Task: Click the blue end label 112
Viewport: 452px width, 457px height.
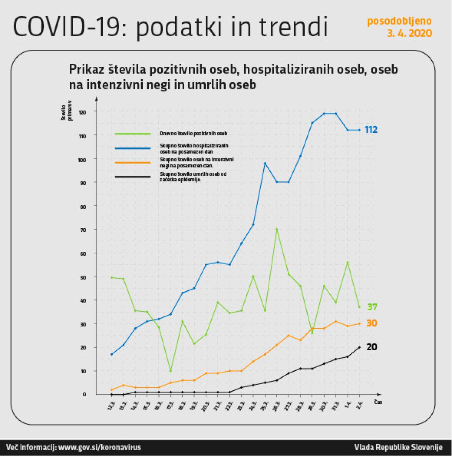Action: (x=371, y=130)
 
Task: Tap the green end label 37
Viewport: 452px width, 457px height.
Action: (x=372, y=307)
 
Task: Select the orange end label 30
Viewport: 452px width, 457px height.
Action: (x=371, y=324)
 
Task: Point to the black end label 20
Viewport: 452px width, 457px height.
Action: (x=371, y=347)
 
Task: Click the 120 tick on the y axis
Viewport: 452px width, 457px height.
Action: (x=82, y=112)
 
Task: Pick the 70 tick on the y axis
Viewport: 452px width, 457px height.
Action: (x=83, y=230)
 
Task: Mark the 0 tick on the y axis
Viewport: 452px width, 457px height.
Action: (x=84, y=394)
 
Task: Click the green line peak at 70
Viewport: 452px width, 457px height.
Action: (x=276, y=229)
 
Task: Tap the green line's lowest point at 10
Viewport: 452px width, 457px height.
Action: (x=171, y=371)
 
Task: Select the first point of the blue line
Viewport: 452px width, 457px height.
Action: (x=111, y=354)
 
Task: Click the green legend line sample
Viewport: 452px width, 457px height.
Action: (x=133, y=133)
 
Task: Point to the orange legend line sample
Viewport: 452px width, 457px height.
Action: (x=133, y=163)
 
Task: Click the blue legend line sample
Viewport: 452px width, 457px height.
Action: (x=133, y=148)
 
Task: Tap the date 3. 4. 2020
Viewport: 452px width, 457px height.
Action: (x=409, y=33)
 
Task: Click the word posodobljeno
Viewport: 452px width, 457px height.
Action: (x=399, y=21)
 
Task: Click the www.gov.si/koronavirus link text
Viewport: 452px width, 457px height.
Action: (x=100, y=448)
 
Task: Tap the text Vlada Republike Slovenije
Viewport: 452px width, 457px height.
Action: (x=398, y=448)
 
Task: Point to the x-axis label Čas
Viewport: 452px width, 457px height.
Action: (x=378, y=402)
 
